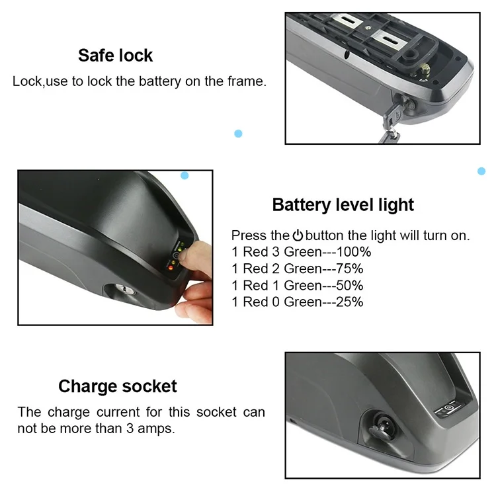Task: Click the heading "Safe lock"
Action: point(116,56)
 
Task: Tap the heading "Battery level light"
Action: point(343,204)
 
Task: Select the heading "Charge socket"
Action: point(118,386)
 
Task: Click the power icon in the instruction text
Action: point(298,235)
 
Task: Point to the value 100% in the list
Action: point(354,252)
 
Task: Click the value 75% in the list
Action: point(350,269)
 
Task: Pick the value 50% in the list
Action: point(350,285)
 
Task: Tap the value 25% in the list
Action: point(350,302)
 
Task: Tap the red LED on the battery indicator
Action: point(171,268)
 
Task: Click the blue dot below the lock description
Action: point(238,134)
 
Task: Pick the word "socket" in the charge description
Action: point(216,412)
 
